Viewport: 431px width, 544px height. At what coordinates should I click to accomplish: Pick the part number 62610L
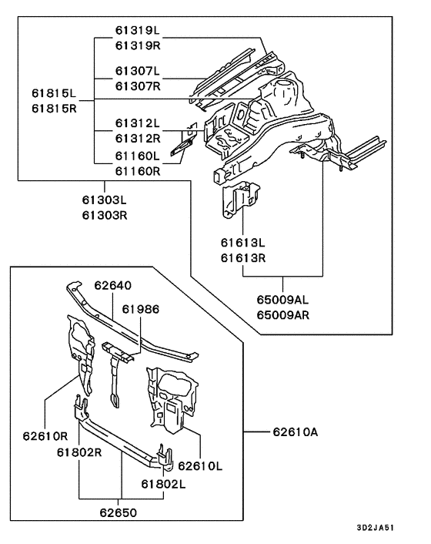(x=199, y=465)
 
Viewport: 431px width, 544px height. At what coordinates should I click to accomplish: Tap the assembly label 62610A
(x=294, y=432)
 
